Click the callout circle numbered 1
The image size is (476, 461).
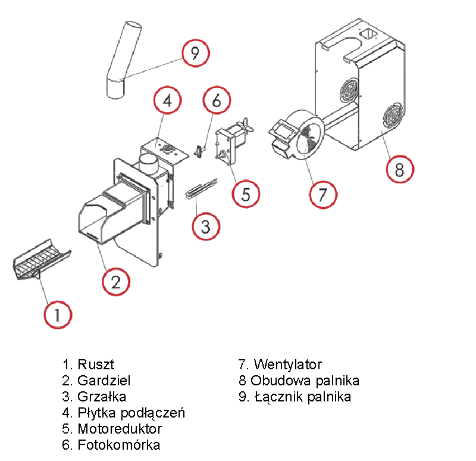58,314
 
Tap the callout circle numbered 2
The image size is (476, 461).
115,281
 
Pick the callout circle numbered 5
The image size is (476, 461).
246,193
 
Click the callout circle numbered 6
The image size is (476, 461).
216,101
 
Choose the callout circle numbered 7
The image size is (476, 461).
323,194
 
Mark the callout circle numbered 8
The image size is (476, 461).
399,169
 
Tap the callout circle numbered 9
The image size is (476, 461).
196,54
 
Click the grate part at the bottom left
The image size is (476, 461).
42,261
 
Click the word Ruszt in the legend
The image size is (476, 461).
96,364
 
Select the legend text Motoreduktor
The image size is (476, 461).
120,428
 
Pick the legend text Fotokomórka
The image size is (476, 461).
118,444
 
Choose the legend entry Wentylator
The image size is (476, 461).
287,364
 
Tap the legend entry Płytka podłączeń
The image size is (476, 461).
131,412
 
